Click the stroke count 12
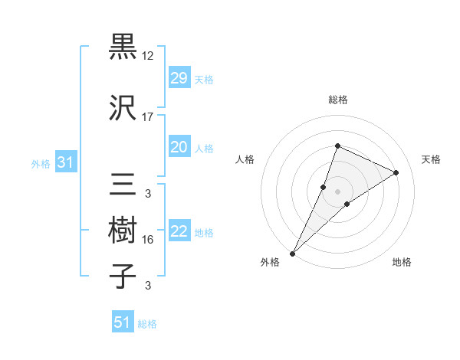pyautogui.click(x=148, y=56)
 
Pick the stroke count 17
pyautogui.click(x=148, y=117)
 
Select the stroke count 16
pyautogui.click(x=148, y=240)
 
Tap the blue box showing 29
pyautogui.click(x=179, y=78)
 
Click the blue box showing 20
pyautogui.click(x=179, y=147)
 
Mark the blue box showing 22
pyautogui.click(x=179, y=231)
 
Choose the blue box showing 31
pyautogui.click(x=65, y=162)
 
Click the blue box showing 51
pyautogui.click(x=122, y=322)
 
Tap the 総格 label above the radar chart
pyautogui.click(x=337, y=100)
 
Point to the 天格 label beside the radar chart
pyautogui.click(x=432, y=159)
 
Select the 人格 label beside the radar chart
pyautogui.click(x=245, y=159)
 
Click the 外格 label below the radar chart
pyautogui.click(x=270, y=262)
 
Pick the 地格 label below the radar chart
pyautogui.click(x=402, y=262)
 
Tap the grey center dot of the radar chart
pyautogui.click(x=337, y=191)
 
